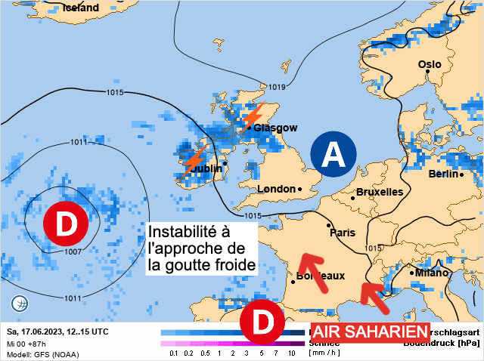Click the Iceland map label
coord(81,8)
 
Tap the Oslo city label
coord(430,65)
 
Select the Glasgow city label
coord(275,128)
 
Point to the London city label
coord(276,189)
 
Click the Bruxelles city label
coord(379,192)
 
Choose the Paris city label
coord(342,233)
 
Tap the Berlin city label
coord(444,174)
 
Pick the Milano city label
coord(432,272)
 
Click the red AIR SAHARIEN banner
coord(361,333)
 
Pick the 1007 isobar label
coord(73,251)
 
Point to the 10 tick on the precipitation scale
coord(291,353)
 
